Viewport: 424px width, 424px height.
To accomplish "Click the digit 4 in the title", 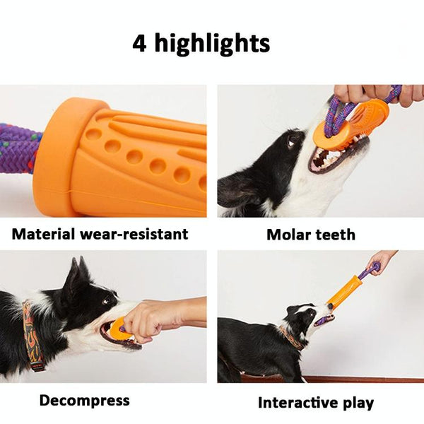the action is point(139,43).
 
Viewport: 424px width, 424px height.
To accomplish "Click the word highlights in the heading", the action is point(212,43).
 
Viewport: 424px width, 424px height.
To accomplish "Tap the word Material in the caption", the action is point(43,234).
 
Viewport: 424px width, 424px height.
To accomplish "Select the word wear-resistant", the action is point(134,234).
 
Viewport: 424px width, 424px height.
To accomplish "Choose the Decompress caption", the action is point(85,401).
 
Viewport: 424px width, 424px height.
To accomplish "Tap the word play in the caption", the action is point(358,404).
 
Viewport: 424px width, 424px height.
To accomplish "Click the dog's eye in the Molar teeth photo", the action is point(292,141).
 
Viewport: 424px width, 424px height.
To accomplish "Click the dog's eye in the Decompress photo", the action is point(106,300).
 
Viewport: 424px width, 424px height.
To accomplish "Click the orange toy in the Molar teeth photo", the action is point(351,124).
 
